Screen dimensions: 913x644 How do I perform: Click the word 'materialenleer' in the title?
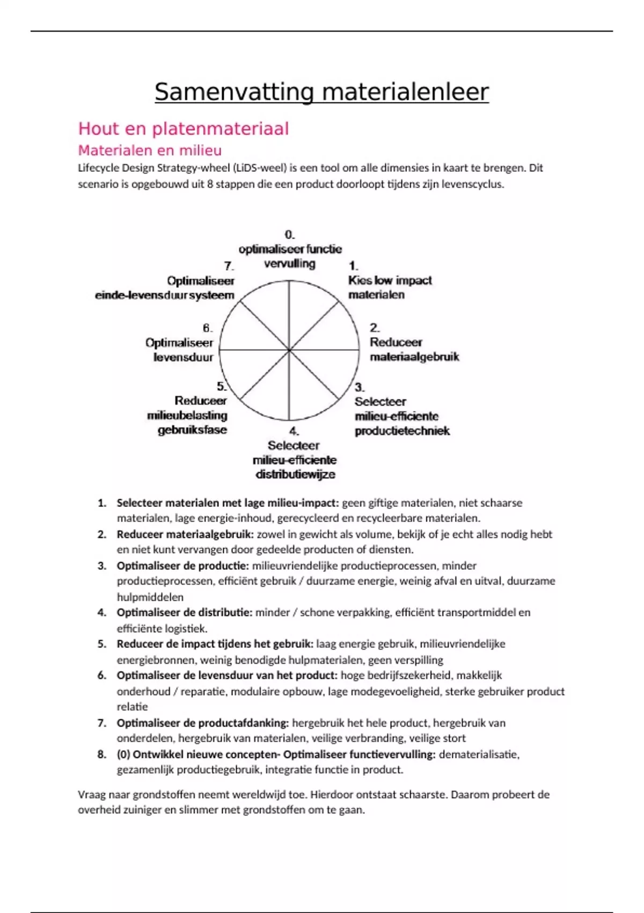pos(405,92)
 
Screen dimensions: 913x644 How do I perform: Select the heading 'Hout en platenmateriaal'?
pos(184,129)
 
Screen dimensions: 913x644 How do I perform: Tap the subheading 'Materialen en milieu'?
pos(150,150)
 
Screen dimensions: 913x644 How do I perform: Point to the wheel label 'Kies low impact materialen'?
pos(390,287)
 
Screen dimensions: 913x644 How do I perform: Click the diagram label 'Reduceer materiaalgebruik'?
pos(414,350)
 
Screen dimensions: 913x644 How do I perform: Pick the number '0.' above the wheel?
pos(290,235)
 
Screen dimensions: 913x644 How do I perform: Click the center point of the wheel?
pos(290,350)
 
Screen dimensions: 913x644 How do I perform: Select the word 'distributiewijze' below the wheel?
pos(295,475)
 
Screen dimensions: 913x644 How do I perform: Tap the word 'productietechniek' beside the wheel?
pos(402,431)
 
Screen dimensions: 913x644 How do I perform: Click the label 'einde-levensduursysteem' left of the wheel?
pos(165,295)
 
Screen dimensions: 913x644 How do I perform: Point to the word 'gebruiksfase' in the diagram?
pos(192,430)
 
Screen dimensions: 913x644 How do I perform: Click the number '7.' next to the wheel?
pos(229,266)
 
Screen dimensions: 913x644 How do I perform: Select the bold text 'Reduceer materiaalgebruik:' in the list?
pos(185,534)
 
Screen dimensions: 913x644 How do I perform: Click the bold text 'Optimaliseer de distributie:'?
pos(184,613)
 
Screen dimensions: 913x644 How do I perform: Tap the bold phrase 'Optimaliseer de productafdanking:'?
pos(203,723)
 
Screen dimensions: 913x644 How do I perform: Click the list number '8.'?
pos(102,754)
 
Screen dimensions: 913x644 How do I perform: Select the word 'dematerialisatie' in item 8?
pos(478,754)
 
